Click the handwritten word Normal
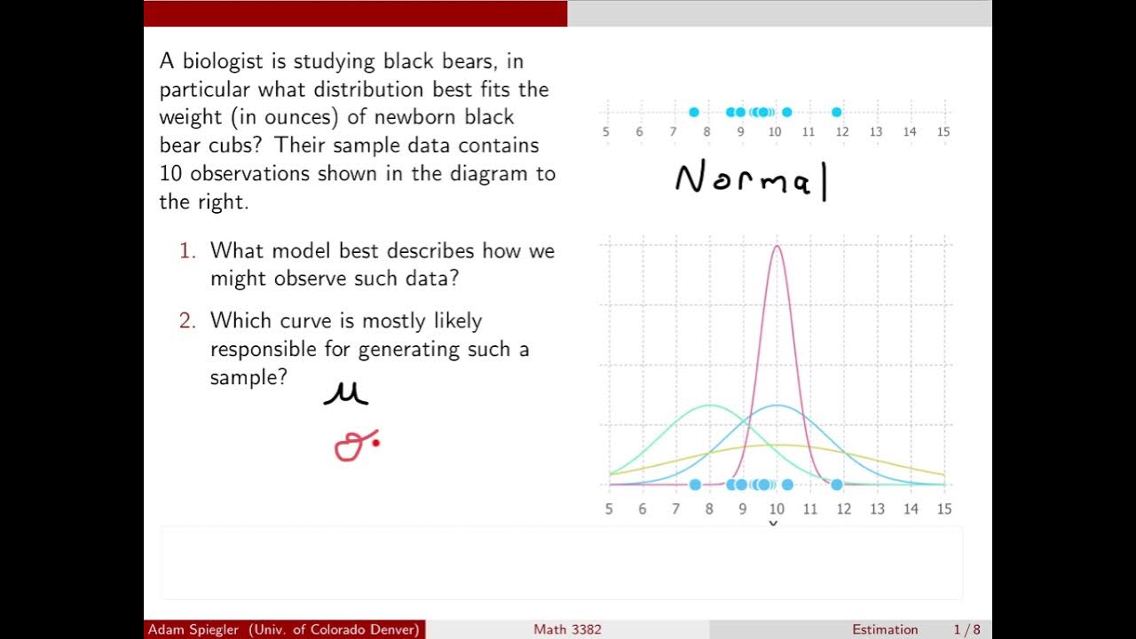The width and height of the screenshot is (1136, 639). pyautogui.click(x=752, y=180)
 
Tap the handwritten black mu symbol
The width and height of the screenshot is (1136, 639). pyautogui.click(x=345, y=393)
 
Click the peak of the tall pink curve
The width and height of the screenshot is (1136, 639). pyautogui.click(x=777, y=247)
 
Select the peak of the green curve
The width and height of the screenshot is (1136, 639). pyautogui.click(x=709, y=406)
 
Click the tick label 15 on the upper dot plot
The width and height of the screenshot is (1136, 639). pyautogui.click(x=943, y=132)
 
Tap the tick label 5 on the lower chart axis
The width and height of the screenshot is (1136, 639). pyautogui.click(x=609, y=509)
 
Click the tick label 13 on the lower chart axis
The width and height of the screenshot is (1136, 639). pyautogui.click(x=877, y=509)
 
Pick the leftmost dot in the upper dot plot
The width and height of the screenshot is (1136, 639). pyautogui.click(x=694, y=112)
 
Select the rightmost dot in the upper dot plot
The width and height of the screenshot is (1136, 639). pyautogui.click(x=836, y=112)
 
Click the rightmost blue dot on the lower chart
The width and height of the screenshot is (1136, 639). pyautogui.click(x=836, y=485)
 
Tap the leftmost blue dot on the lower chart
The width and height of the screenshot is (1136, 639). pyautogui.click(x=695, y=485)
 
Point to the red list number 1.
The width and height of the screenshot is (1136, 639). pyautogui.click(x=186, y=251)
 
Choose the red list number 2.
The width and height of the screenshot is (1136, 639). pyautogui.click(x=186, y=320)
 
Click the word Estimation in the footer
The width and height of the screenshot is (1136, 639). pyautogui.click(x=885, y=629)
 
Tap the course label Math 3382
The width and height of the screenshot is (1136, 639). pyautogui.click(x=567, y=629)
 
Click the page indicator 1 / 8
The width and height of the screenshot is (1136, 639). pyautogui.click(x=967, y=629)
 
